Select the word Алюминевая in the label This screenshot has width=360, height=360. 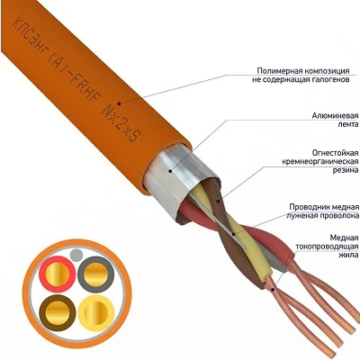[335, 116]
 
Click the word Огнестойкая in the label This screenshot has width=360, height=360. [335, 153]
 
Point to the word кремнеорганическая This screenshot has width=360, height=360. [320, 161]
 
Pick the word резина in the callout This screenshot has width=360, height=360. [346, 170]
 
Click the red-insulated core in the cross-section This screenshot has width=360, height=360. [58, 274]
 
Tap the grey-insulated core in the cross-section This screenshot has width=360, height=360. [95, 274]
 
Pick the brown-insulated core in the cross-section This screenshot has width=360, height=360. [58, 312]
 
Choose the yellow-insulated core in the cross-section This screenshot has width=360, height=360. [95, 312]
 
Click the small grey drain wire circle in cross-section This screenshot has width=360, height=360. [76, 255]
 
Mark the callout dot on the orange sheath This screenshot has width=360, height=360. [119, 103]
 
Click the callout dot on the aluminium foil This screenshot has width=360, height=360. [170, 171]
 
